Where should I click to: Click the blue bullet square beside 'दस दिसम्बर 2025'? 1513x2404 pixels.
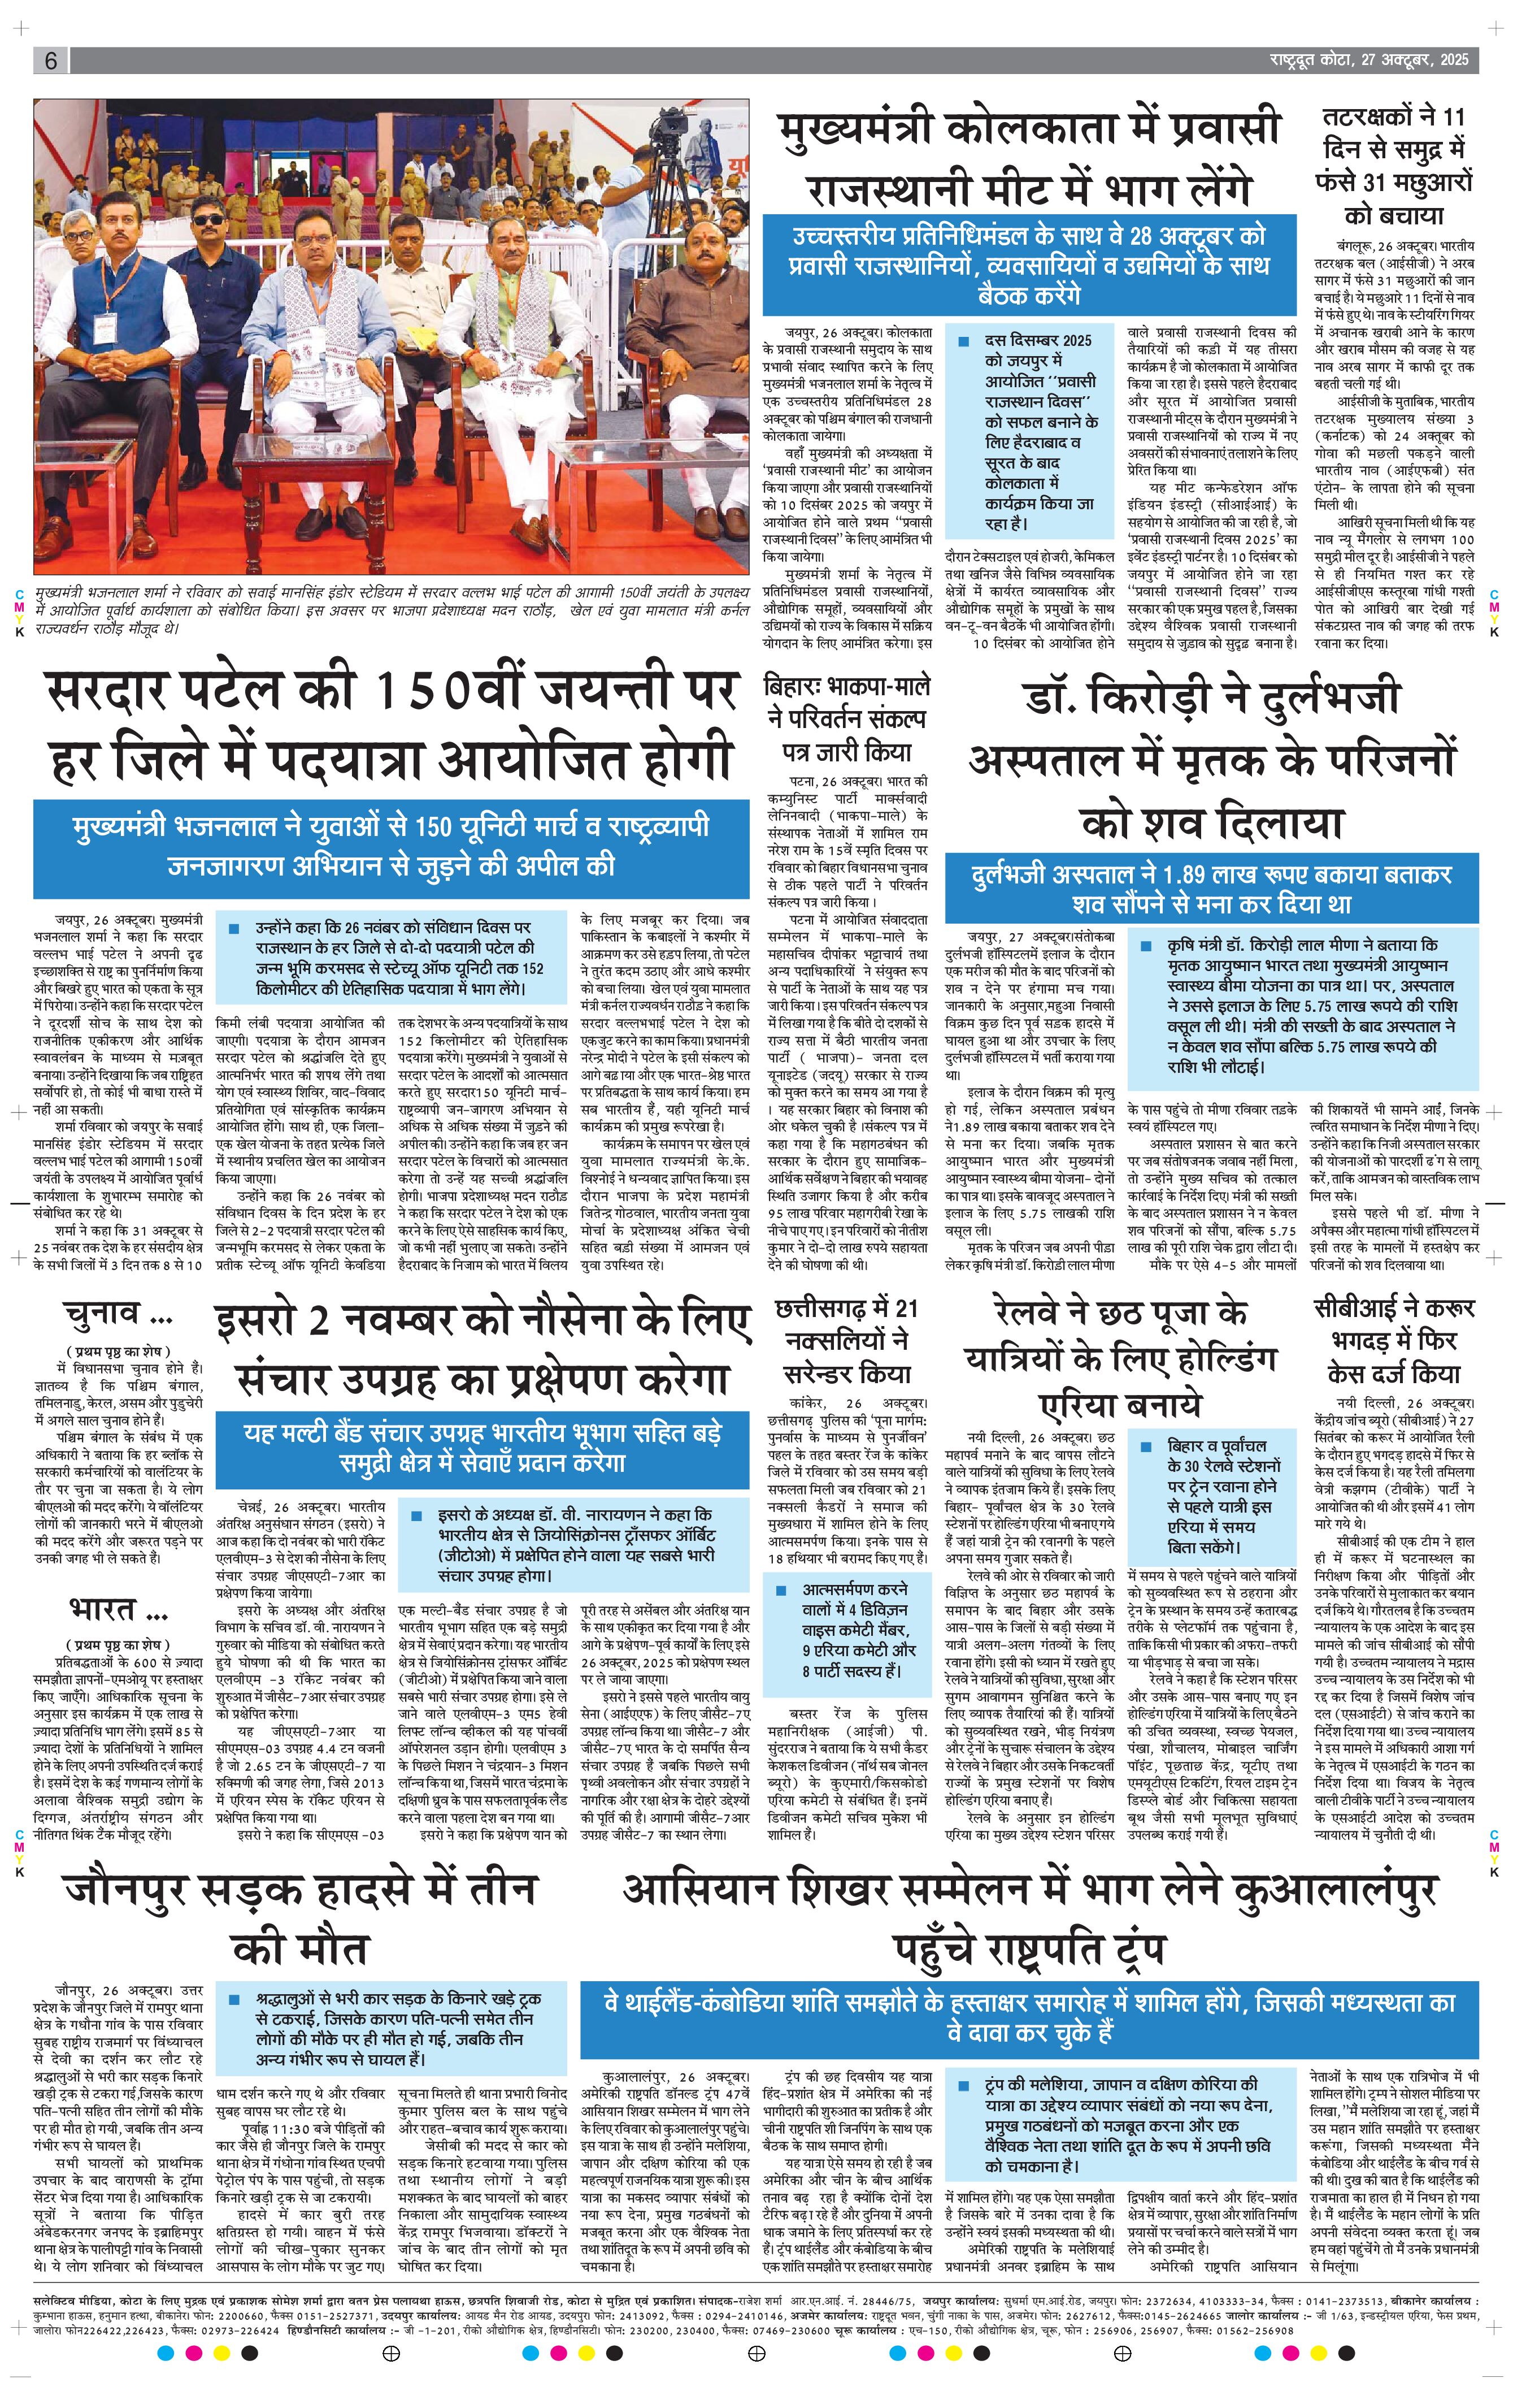[963, 341]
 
